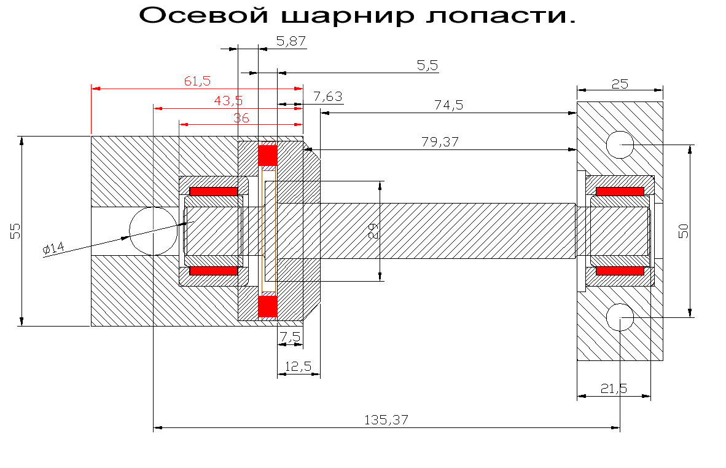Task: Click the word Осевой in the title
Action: [204, 15]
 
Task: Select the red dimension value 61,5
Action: [197, 81]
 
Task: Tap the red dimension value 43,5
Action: [228, 101]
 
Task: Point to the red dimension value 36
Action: [241, 117]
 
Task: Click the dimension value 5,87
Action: [291, 41]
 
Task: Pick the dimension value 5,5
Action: [427, 65]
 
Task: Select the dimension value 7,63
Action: [328, 97]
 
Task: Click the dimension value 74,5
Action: [448, 105]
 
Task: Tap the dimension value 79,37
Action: [440, 142]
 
